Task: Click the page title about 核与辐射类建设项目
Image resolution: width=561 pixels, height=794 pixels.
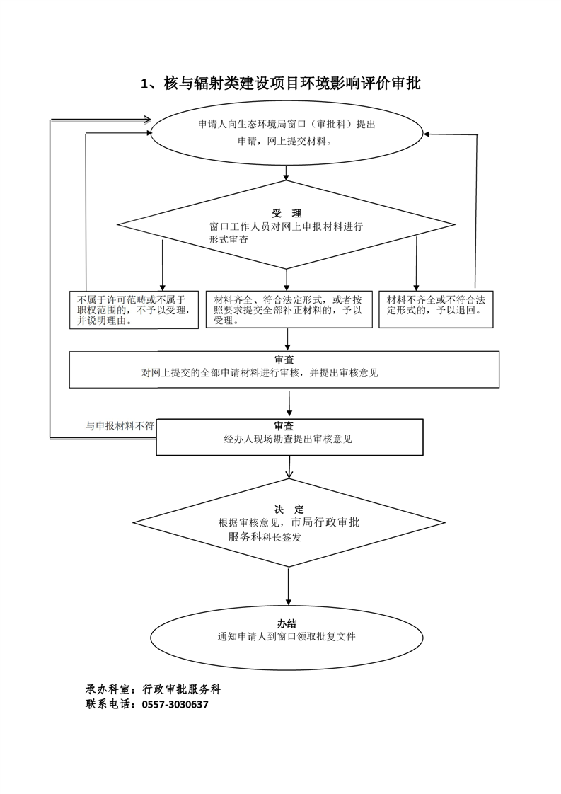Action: [x=281, y=84]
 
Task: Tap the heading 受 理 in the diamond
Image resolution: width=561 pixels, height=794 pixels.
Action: [x=286, y=213]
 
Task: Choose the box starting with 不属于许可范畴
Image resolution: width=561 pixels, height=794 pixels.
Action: [x=134, y=310]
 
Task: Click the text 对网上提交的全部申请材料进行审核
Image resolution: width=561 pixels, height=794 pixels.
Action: [x=260, y=372]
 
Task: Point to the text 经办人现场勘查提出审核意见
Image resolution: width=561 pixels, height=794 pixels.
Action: [x=288, y=439]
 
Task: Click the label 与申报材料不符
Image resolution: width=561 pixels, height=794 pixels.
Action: [x=120, y=425]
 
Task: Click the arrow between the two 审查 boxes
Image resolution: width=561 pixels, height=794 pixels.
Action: [x=289, y=403]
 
